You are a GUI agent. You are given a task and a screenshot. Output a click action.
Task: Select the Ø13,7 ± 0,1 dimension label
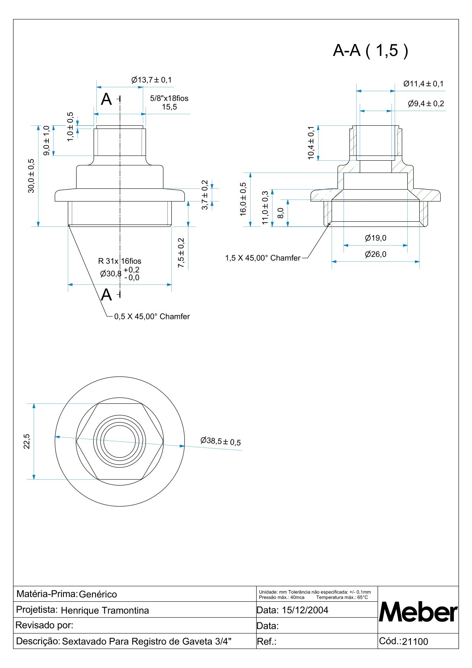pyautogui.click(x=152, y=80)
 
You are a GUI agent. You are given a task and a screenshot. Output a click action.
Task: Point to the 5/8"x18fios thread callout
pyautogui.click(x=169, y=98)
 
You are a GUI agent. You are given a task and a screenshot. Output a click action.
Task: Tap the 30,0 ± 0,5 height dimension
pyautogui.click(x=31, y=176)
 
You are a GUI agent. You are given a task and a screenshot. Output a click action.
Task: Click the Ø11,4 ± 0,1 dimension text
pyautogui.click(x=423, y=84)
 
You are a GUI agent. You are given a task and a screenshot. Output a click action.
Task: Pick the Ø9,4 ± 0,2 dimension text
pyautogui.click(x=426, y=104)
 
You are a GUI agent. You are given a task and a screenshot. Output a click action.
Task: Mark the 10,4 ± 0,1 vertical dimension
pyautogui.click(x=311, y=143)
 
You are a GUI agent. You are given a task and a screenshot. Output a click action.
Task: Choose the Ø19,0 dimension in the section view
pyautogui.click(x=375, y=238)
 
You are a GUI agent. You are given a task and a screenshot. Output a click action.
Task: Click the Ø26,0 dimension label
pyautogui.click(x=375, y=254)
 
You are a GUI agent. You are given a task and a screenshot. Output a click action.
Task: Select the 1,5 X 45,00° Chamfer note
pyautogui.click(x=263, y=258)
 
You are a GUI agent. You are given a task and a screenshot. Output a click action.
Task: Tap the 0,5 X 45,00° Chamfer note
pyautogui.click(x=152, y=317)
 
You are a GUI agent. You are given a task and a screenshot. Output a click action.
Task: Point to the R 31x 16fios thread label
pyautogui.click(x=119, y=261)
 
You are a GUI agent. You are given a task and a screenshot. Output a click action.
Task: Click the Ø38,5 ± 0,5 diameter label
pyautogui.click(x=221, y=441)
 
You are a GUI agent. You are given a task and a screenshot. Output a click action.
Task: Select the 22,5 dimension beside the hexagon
pyautogui.click(x=27, y=441)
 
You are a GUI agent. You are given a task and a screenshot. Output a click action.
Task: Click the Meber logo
pyautogui.click(x=418, y=612)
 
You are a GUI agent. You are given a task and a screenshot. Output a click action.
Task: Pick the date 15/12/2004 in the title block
pyautogui.click(x=305, y=610)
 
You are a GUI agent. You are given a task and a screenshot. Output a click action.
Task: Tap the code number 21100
pyautogui.click(x=415, y=642)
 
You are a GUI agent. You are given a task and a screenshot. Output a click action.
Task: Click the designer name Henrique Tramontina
pyautogui.click(x=105, y=610)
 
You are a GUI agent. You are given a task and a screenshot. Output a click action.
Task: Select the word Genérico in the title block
pyautogui.click(x=98, y=594)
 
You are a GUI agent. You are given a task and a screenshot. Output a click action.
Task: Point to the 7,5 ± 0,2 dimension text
pyautogui.click(x=181, y=253)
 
